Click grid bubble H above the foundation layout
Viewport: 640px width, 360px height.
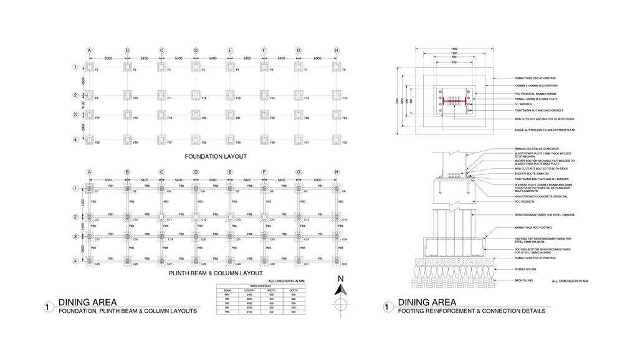click(x=337, y=50)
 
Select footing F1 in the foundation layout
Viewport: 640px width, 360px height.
click(x=89, y=67)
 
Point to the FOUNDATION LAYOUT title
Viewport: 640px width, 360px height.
click(x=216, y=156)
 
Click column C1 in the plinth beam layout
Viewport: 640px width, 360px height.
click(x=89, y=188)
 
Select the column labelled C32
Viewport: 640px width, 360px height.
click(x=337, y=261)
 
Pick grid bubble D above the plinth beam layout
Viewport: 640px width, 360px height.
click(x=196, y=172)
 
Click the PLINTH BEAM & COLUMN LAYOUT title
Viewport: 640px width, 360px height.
click(x=216, y=273)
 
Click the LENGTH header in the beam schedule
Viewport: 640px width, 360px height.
click(x=249, y=290)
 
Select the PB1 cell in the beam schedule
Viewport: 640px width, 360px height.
click(x=227, y=295)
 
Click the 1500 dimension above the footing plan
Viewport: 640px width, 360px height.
click(x=454, y=49)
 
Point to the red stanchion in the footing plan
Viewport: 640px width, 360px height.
click(x=454, y=100)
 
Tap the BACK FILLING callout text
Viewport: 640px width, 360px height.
click(x=523, y=280)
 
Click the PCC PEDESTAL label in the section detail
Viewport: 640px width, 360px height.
click(x=525, y=202)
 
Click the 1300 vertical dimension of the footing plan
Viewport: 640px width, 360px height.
click(x=397, y=100)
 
